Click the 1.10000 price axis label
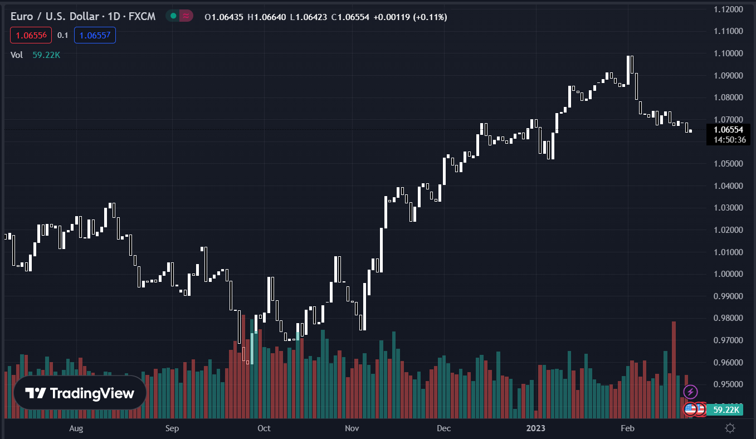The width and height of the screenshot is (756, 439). point(728,53)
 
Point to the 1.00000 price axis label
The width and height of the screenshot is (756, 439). point(728,274)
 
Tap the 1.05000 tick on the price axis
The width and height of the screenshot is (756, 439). point(728,164)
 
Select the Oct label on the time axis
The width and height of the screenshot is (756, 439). point(264,428)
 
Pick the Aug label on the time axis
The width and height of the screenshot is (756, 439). point(76,428)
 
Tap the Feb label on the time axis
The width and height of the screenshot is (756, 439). point(627,428)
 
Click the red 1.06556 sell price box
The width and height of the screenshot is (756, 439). point(31,35)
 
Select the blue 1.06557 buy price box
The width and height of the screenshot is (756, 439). point(95,35)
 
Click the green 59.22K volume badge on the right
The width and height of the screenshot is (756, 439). point(724,410)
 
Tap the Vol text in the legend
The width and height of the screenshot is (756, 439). point(17,55)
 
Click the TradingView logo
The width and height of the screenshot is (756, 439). point(80,393)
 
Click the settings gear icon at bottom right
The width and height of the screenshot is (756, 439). point(730,428)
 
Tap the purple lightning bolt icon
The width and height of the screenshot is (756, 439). point(690,392)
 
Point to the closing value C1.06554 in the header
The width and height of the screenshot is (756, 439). point(350,17)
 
